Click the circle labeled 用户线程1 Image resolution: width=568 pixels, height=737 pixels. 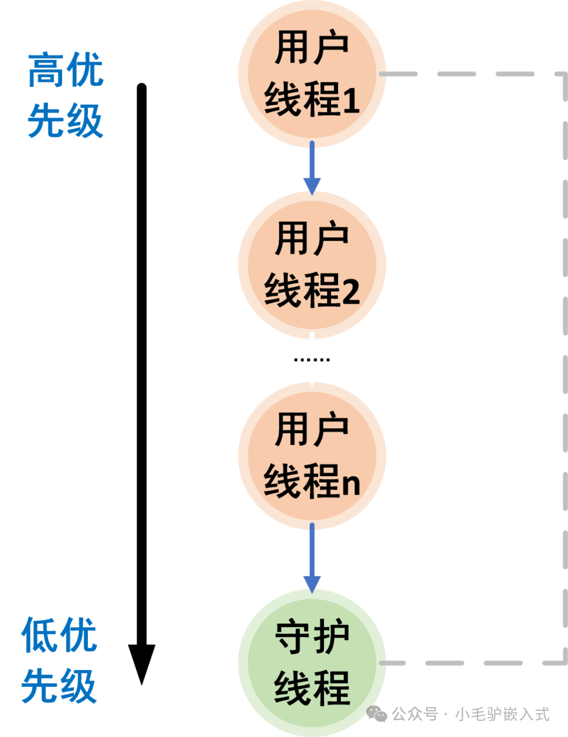pyautogui.click(x=312, y=74)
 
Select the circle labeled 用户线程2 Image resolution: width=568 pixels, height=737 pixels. pyautogui.click(x=312, y=265)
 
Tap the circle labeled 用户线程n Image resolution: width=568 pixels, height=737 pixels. pyautogui.click(x=312, y=456)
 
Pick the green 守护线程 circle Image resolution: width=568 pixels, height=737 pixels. pyautogui.click(x=312, y=663)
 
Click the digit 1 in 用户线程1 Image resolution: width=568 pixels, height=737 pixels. pyautogui.click(x=350, y=100)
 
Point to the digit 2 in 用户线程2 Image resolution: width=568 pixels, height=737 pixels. pyautogui.click(x=350, y=291)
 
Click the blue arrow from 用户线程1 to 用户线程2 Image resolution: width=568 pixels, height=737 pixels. pyautogui.click(x=312, y=168)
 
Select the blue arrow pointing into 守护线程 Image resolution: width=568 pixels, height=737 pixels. pyautogui.click(x=312, y=558)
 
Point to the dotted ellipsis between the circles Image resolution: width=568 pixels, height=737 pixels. pyautogui.click(x=312, y=360)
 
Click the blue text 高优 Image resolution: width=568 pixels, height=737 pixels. pyautogui.click(x=66, y=69)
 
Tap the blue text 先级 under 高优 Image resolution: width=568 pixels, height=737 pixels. pyautogui.click(x=66, y=121)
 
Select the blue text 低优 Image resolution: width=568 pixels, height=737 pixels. pyautogui.click(x=59, y=634)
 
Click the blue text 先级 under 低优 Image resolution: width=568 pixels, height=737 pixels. pyautogui.click(x=59, y=686)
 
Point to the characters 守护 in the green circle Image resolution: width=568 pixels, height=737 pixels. pyautogui.click(x=312, y=636)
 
